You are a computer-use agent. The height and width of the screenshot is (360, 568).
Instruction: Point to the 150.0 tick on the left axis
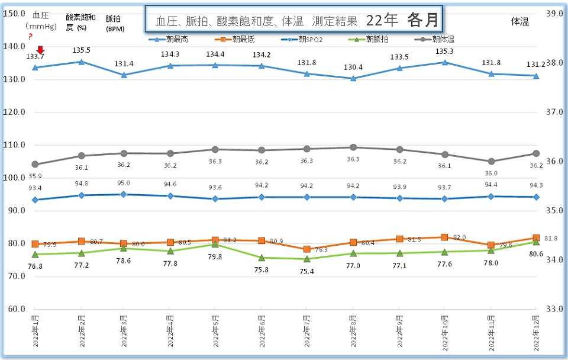14,13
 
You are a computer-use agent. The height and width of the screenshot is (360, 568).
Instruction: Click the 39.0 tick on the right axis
554,13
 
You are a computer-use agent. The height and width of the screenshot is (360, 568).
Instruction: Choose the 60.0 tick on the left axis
14,309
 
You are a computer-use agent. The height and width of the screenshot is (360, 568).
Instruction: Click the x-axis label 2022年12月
536,332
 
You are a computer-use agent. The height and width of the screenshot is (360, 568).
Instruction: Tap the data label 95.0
124,184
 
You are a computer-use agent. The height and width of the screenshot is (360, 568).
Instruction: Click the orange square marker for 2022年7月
307,249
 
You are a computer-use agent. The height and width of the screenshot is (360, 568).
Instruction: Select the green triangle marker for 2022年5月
215,244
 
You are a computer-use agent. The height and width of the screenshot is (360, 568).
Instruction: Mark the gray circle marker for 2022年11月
490,161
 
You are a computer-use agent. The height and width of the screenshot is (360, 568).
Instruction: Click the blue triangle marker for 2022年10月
444,62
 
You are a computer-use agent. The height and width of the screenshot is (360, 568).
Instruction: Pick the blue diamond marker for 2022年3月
124,194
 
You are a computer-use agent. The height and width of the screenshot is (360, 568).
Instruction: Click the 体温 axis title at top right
520,21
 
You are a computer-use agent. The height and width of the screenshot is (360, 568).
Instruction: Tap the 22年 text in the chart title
382,21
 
